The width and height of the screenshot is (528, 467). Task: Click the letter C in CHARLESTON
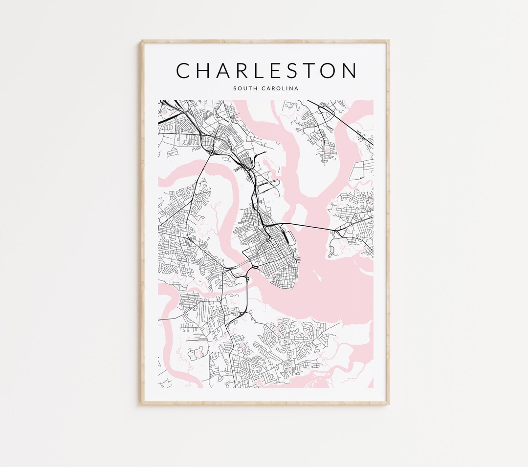click(x=184, y=70)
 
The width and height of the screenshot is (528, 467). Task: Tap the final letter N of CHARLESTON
click(x=350, y=70)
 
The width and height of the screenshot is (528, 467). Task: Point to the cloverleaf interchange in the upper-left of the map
click(x=213, y=152)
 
